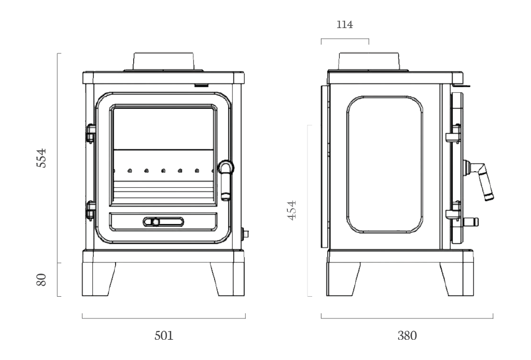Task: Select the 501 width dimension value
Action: pos(164,335)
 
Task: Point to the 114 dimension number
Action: pos(345,25)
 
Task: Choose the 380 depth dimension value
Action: pos(407,335)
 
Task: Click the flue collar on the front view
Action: pos(164,61)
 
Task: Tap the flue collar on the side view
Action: pos(369,61)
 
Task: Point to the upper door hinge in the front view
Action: pos(91,132)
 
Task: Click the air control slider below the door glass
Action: pos(163,222)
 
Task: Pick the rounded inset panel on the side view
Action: pos(384,164)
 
